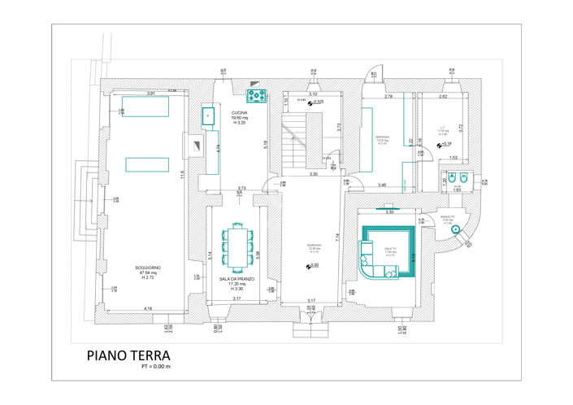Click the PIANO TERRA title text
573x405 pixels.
(128, 355)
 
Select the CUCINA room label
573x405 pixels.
(239, 113)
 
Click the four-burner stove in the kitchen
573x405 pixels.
(258, 97)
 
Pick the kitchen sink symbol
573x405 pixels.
(209, 116)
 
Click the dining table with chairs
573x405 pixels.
(237, 246)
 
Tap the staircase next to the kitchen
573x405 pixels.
(297, 140)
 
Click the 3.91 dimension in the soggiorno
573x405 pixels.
(150, 94)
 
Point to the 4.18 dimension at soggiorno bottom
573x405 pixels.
(147, 308)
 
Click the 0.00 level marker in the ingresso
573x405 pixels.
(311, 265)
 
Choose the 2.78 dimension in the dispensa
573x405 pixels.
(389, 97)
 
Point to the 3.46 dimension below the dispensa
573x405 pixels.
(382, 185)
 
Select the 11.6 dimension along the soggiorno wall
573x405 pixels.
(184, 174)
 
